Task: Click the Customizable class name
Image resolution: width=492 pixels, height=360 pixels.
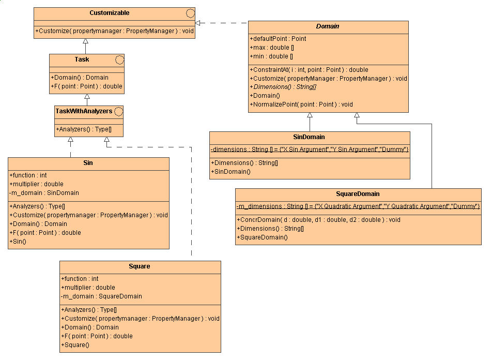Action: pyautogui.click(x=109, y=12)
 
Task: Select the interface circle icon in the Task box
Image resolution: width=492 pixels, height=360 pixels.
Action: pyautogui.click(x=119, y=59)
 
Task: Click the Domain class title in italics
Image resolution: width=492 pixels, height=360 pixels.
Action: pyautogui.click(x=328, y=26)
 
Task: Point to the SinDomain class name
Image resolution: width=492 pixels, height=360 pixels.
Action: pyautogui.click(x=310, y=137)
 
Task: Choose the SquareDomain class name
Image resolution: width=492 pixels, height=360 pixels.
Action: pyautogui.click(x=358, y=194)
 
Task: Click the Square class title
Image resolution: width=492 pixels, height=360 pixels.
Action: pyautogui.click(x=140, y=266)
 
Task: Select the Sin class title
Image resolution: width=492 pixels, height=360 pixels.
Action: pyautogui.click(x=88, y=163)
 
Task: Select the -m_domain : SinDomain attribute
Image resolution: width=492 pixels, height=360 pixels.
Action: pyautogui.click(x=44, y=193)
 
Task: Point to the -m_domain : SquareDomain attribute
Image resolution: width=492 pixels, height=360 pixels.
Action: pyautogui.click(x=101, y=296)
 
